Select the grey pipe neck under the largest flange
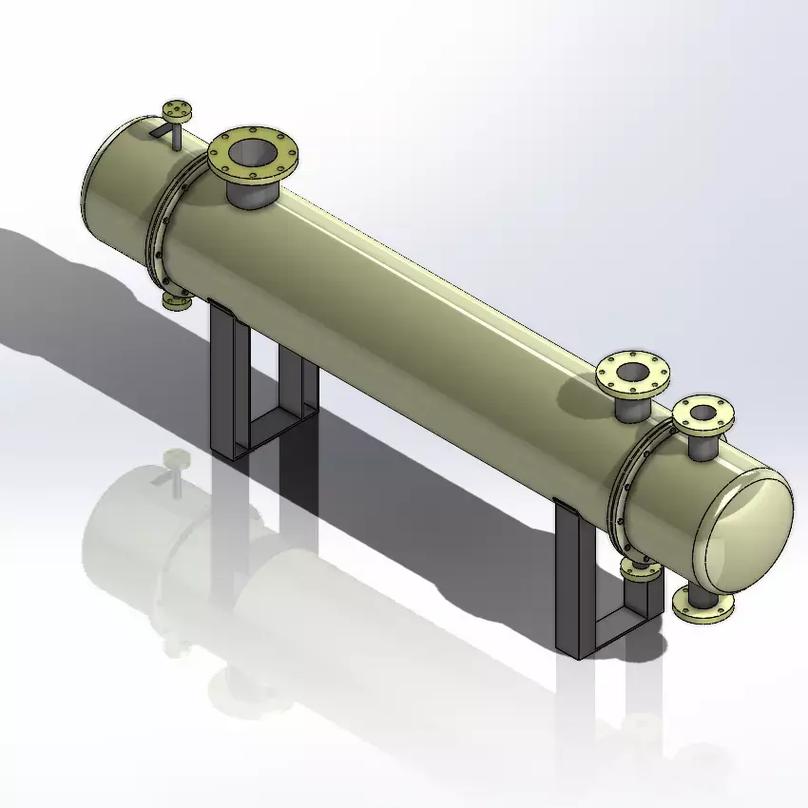pos(252,194)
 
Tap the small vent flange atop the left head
pos(177,108)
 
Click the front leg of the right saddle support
pos(568,580)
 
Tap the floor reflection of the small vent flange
pos(177,460)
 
